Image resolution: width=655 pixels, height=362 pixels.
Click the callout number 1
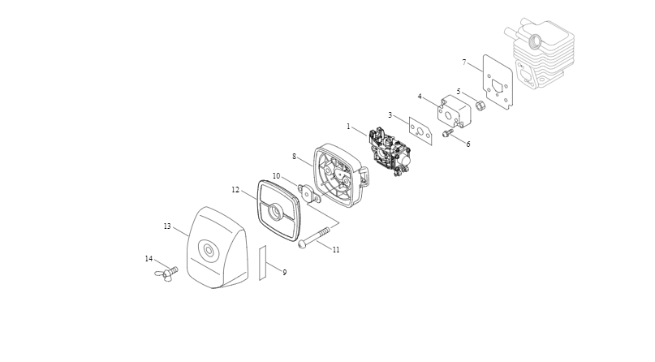pyautogui.click(x=348, y=127)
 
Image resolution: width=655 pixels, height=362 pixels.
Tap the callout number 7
pyautogui.click(x=464, y=62)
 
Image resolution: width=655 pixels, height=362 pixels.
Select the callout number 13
pyautogui.click(x=167, y=226)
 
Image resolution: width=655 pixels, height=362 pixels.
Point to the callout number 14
pyautogui.click(x=149, y=259)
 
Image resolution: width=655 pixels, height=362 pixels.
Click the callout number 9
pyautogui.click(x=284, y=273)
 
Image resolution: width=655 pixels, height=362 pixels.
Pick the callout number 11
pyautogui.click(x=336, y=250)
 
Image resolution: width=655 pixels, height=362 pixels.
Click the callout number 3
pyautogui.click(x=390, y=115)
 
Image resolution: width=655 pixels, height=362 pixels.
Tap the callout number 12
pyautogui.click(x=235, y=190)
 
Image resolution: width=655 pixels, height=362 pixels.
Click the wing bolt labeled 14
pyautogui.click(x=166, y=274)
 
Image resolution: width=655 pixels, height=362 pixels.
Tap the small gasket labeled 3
pyautogui.click(x=420, y=131)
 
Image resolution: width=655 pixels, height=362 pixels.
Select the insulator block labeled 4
pyautogui.click(x=453, y=110)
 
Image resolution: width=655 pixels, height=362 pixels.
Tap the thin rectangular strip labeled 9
pyautogui.click(x=263, y=262)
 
